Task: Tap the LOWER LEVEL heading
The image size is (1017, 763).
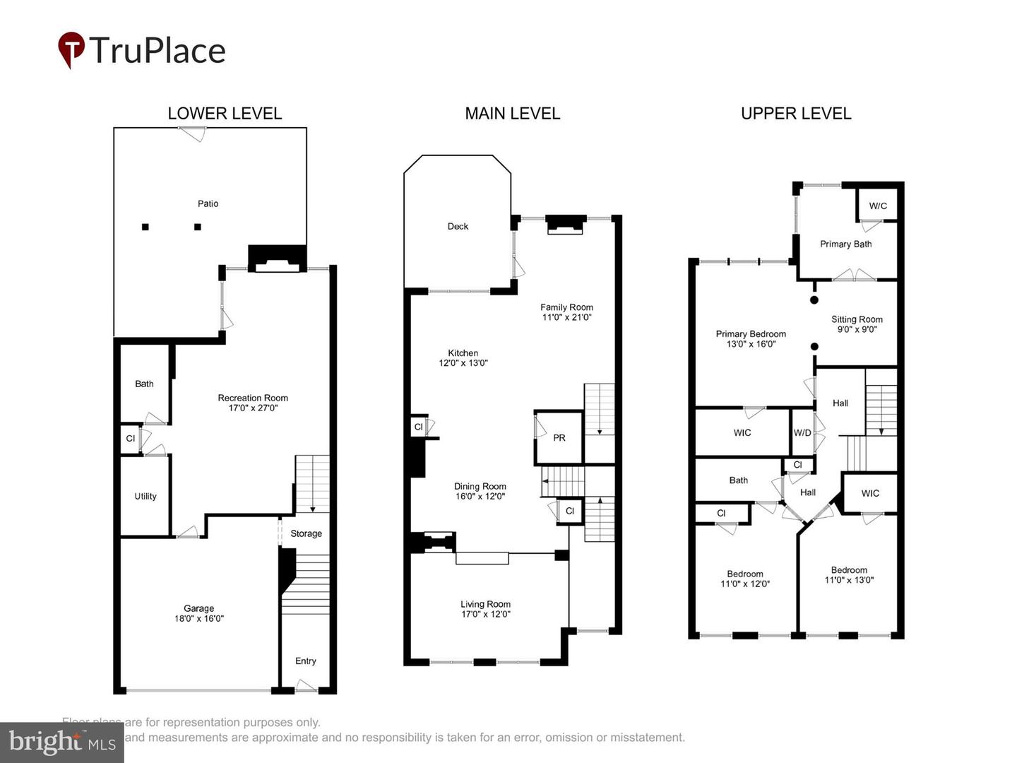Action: coord(225,114)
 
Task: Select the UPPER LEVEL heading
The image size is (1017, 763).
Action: coord(796,114)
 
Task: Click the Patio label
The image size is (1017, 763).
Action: coord(208,203)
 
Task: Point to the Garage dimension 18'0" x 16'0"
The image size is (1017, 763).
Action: coord(199,618)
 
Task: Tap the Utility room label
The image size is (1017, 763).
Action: coord(145,496)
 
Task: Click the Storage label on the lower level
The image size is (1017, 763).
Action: coord(306,533)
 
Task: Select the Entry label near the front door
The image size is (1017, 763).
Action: coord(305,661)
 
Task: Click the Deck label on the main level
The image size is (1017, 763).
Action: coord(458,226)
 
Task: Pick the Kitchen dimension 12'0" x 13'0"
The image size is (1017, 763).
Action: coord(463,363)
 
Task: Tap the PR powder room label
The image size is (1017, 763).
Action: coord(559,438)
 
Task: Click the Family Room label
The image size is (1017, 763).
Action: coord(566,307)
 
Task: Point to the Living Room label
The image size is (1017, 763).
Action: coord(485,604)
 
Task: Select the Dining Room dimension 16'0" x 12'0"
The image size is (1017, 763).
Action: coord(480,496)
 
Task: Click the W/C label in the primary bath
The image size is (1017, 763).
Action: coord(878,206)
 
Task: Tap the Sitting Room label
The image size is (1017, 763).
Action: coord(857,319)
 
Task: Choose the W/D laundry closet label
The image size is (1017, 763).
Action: coord(802,432)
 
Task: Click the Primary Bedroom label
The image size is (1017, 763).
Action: coord(751,334)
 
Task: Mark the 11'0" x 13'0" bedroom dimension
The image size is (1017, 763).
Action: coord(849,580)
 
